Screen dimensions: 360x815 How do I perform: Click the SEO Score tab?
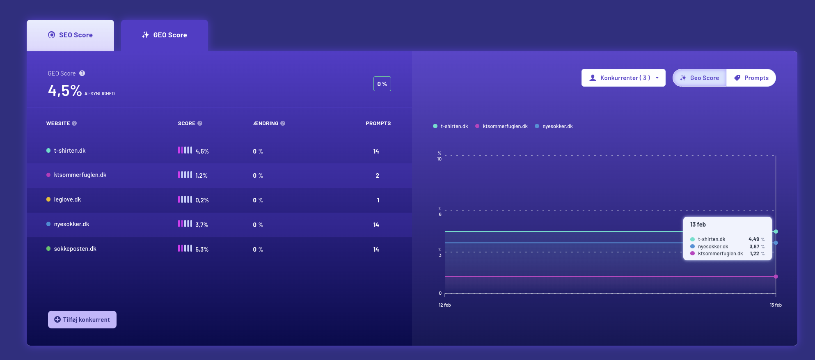tap(70, 35)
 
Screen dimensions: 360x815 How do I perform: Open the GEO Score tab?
tap(165, 35)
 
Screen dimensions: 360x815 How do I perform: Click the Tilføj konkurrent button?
tap(82, 320)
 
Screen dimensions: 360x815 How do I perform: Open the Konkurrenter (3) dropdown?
tap(623, 78)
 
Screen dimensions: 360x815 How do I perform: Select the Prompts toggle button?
tap(751, 78)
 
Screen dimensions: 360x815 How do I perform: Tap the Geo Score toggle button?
tap(700, 78)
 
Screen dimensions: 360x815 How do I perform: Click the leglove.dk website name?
tap(67, 199)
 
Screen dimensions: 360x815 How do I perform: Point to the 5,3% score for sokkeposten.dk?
tap(202, 250)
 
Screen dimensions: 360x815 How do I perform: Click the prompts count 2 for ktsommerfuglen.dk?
tap(378, 176)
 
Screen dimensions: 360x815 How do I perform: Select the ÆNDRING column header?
tap(266, 124)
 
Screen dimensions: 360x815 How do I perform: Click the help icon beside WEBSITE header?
tap(74, 123)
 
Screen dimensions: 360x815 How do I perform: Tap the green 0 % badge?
tap(382, 84)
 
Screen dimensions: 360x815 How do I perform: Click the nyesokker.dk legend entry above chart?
tap(557, 126)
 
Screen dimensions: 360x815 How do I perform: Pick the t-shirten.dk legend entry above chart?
tap(454, 126)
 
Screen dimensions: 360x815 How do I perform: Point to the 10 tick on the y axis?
tap(440, 159)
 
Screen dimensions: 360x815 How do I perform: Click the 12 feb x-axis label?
tap(445, 305)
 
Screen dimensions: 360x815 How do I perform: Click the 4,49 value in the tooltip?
tap(754, 239)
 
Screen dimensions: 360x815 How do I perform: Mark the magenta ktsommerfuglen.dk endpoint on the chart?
tap(776, 277)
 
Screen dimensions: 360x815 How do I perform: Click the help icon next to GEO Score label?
tap(82, 73)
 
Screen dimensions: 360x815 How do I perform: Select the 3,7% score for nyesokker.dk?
tap(202, 225)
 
